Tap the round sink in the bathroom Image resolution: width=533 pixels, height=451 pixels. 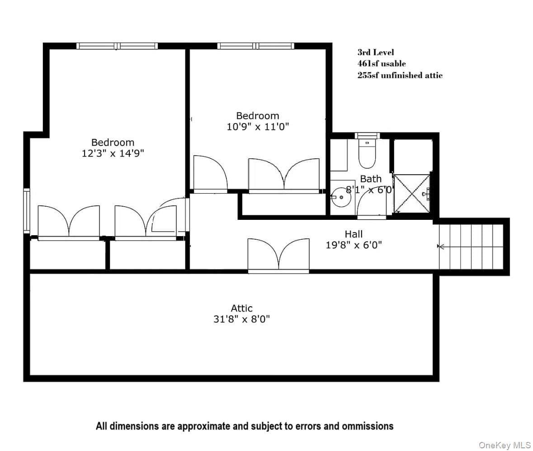(341, 197)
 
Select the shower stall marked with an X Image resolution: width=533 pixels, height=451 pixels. (412, 194)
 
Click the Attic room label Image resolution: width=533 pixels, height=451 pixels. (242, 308)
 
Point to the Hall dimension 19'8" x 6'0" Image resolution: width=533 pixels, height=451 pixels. (354, 245)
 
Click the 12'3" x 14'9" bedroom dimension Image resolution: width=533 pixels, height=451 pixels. (113, 153)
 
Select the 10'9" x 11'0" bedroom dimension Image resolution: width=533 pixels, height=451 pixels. (258, 127)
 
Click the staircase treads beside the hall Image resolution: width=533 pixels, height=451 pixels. (471, 247)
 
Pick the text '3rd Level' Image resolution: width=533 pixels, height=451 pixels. (376, 52)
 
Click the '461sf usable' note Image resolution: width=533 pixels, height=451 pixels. (382, 64)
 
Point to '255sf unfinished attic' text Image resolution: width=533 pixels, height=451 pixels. (400, 75)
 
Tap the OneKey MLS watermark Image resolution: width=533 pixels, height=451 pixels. (505, 445)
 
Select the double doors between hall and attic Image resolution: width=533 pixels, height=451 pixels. (278, 256)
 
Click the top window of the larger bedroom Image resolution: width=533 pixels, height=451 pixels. (117, 46)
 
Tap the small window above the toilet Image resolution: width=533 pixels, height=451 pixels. (367, 136)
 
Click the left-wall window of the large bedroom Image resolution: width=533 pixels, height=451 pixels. (27, 211)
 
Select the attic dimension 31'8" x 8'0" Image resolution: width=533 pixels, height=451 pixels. (242, 319)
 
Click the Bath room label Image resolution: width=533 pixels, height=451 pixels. (371, 179)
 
